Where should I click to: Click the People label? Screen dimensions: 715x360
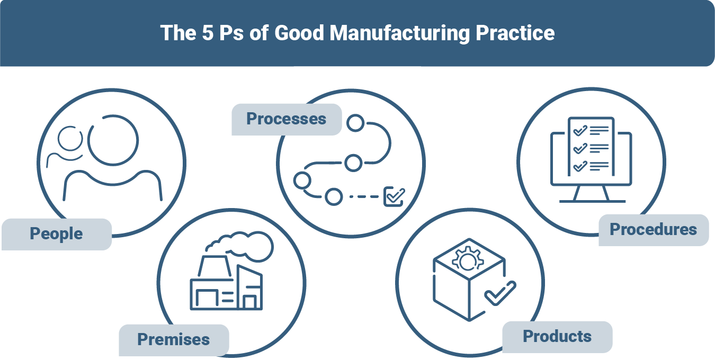tap(57, 234)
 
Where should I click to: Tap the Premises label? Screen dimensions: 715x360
tap(174, 339)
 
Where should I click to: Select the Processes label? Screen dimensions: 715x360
tap(287, 119)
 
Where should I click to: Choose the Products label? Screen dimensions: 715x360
tap(557, 337)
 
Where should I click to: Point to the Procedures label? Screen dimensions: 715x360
tap(654, 230)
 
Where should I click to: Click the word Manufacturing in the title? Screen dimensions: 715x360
tap(399, 33)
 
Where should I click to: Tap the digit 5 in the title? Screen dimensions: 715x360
tap(208, 33)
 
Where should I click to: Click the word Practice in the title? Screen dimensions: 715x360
tap(515, 33)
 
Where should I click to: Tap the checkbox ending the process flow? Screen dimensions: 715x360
tap(394, 196)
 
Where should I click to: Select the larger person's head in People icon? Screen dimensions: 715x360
tap(113, 140)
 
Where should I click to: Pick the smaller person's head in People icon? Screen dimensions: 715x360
tap(70, 139)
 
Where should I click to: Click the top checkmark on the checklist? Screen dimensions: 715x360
tap(580, 131)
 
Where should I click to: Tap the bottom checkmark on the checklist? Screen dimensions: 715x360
tap(580, 166)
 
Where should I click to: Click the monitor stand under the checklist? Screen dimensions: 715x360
tap(592, 194)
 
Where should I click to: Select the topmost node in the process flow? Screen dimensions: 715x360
tap(355, 123)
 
